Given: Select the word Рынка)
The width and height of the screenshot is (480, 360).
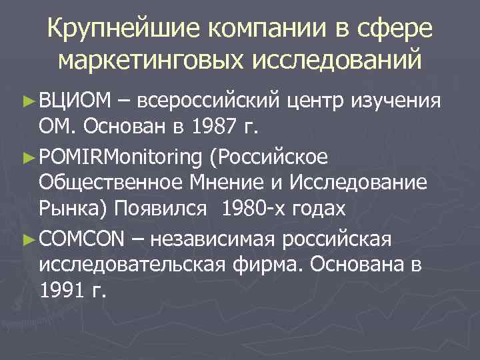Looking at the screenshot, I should click(x=74, y=209).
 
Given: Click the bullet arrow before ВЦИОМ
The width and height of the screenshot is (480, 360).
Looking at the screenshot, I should click(x=27, y=101).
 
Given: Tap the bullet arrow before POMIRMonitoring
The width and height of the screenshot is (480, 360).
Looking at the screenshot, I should click(x=27, y=157).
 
